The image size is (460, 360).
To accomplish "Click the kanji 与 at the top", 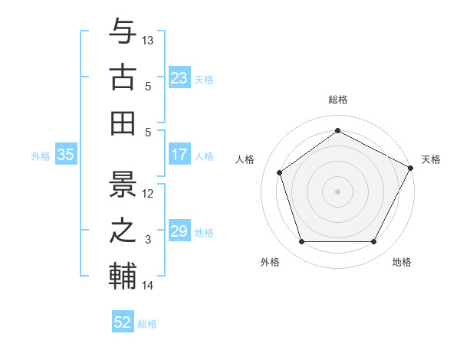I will click(x=123, y=32).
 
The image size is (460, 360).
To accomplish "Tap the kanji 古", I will click(x=123, y=77).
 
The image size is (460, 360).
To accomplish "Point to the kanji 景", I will click(x=123, y=184).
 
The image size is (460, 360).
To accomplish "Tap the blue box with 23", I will click(x=179, y=78).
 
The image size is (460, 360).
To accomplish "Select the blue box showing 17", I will click(x=179, y=155).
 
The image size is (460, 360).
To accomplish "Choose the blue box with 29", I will click(x=179, y=231).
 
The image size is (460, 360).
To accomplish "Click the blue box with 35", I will click(x=65, y=155).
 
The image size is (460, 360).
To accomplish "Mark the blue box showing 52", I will click(x=123, y=322).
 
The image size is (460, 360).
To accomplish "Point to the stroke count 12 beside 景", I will click(x=149, y=193).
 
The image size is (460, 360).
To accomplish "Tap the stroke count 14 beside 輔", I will click(x=149, y=286).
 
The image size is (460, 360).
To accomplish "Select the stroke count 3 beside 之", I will click(x=149, y=240).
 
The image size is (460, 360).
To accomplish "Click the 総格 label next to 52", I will click(x=147, y=324).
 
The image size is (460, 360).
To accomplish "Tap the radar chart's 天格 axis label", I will click(x=431, y=159).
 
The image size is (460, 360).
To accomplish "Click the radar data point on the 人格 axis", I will click(x=280, y=172).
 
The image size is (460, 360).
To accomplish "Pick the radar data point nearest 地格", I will click(x=373, y=242).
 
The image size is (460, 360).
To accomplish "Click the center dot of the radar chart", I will click(x=337, y=191).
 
